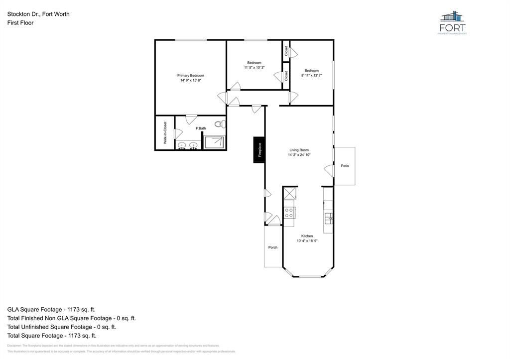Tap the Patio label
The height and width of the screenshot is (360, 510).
pyautogui.click(x=345, y=166)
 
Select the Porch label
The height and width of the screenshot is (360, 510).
pyautogui.click(x=273, y=247)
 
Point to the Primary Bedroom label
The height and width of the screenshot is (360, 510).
pyautogui.click(x=191, y=76)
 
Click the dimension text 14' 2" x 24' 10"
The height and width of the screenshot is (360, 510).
pyautogui.click(x=299, y=155)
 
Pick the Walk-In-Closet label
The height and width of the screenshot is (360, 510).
pyautogui.click(x=165, y=133)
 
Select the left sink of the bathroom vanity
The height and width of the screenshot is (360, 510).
pyautogui.click(x=182, y=145)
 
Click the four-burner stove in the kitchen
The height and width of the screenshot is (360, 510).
pyautogui.click(x=289, y=213)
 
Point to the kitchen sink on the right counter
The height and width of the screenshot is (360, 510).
pyautogui.click(x=328, y=218)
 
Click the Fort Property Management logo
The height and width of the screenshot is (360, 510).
pyautogui.click(x=452, y=23)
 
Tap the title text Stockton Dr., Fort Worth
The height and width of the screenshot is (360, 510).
pyautogui.click(x=38, y=14)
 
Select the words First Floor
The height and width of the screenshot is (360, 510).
pyautogui.click(x=20, y=23)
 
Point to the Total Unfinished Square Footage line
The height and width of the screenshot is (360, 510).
pyautogui.click(x=62, y=327)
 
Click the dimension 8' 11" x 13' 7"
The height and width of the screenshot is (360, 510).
pyautogui.click(x=312, y=76)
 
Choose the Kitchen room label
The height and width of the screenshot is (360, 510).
pyautogui.click(x=307, y=236)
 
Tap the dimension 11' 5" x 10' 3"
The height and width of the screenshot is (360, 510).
pyautogui.click(x=254, y=68)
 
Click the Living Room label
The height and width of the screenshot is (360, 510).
pyautogui.click(x=299, y=150)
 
